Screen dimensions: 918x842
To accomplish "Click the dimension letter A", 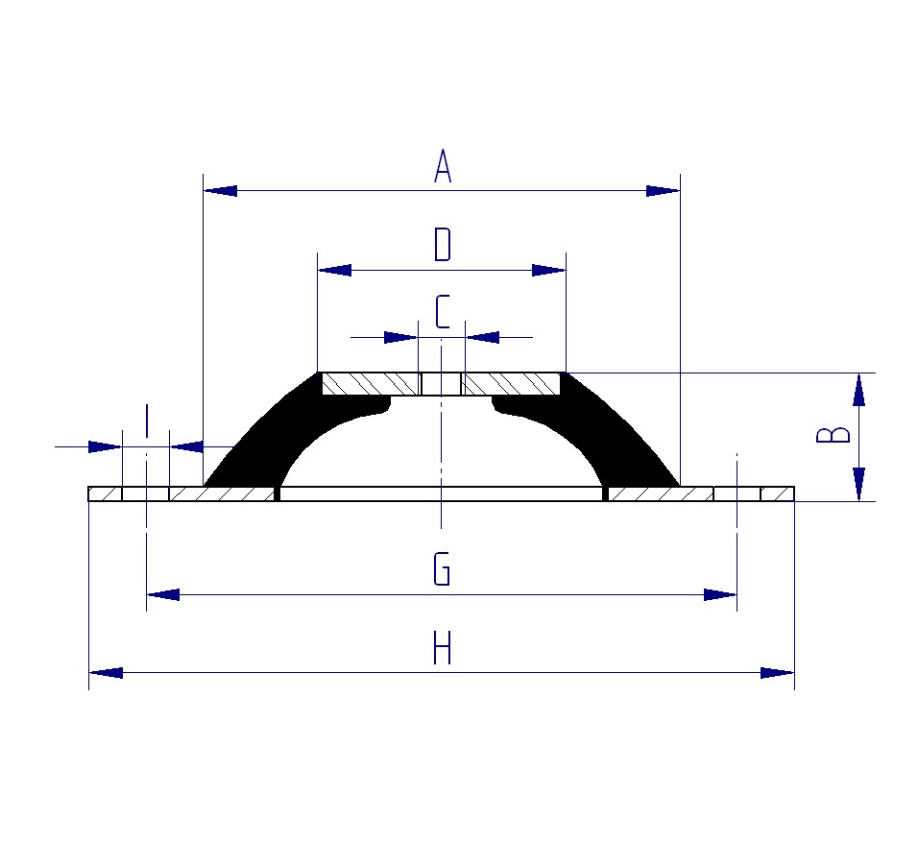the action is pyautogui.click(x=443, y=166).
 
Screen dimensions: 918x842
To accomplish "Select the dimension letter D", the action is pyautogui.click(x=443, y=245).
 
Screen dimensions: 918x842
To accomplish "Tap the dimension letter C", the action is pyautogui.click(x=443, y=311).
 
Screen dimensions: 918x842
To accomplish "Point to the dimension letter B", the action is pyautogui.click(x=833, y=435).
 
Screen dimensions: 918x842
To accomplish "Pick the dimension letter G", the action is pyautogui.click(x=442, y=568).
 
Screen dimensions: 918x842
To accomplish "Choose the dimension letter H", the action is pyautogui.click(x=442, y=647).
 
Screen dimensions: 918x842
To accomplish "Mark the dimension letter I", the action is pyautogui.click(x=146, y=421).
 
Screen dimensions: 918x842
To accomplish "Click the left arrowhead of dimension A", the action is pyautogui.click(x=220, y=191).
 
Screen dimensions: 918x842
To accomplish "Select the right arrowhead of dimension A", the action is pyautogui.click(x=663, y=191).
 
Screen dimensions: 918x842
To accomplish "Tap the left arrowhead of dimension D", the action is pyautogui.click(x=334, y=270).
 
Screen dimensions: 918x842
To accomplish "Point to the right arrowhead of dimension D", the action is pyautogui.click(x=548, y=270).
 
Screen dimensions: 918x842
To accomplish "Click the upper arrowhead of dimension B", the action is pyautogui.click(x=858, y=390).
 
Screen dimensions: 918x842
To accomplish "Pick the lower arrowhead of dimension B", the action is pyautogui.click(x=858, y=484).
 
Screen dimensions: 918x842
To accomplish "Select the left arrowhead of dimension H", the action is pyautogui.click(x=106, y=673).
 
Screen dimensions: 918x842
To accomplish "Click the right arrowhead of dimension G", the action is pyautogui.click(x=720, y=595).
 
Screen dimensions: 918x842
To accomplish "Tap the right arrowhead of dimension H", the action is pyautogui.click(x=778, y=673).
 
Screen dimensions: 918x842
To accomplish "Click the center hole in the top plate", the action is pyautogui.click(x=442, y=384).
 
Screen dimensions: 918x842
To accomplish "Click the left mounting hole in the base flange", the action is pyautogui.click(x=146, y=494).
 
